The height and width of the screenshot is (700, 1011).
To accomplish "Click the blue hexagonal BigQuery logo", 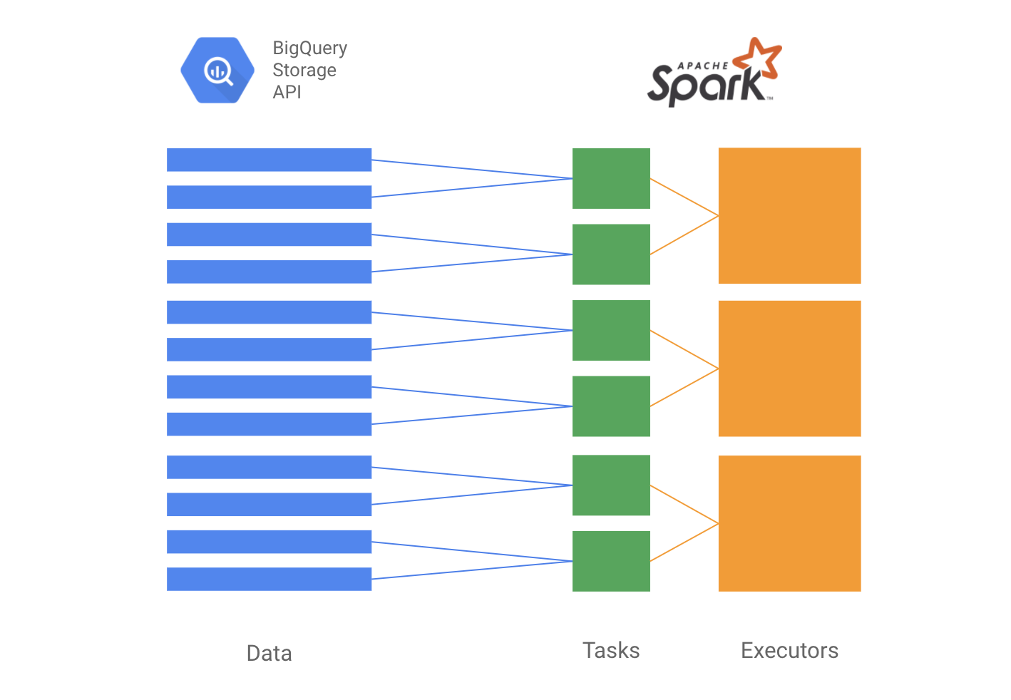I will coord(217,71).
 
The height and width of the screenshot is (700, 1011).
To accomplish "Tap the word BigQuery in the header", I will coord(309,48).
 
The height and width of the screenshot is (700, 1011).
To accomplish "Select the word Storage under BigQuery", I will coord(304,70).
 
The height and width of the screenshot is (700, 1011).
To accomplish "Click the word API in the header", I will coord(287,92).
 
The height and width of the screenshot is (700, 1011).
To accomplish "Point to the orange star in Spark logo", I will coord(758,59).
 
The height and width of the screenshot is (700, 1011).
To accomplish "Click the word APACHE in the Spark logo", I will coord(702,66).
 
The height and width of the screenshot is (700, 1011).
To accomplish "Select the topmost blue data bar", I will coord(269,160).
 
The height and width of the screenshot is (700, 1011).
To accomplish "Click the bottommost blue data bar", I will coord(269,579).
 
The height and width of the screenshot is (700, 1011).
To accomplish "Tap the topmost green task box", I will coord(611,178).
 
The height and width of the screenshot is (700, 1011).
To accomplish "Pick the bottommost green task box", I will coord(611,561).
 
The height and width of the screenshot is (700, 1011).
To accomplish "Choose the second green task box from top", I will coord(611,254).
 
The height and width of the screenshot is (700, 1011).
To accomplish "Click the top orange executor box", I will coord(789,215).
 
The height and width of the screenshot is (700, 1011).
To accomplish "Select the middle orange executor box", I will coord(789,369).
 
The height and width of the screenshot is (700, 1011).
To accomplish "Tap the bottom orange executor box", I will coord(789,523).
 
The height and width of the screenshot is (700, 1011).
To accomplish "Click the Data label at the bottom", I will coord(269,654).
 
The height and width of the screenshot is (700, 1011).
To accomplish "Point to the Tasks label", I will coord(611,650).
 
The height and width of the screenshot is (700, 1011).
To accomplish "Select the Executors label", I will coord(789,650).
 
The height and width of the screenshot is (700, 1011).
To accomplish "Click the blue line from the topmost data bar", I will coord(472,169).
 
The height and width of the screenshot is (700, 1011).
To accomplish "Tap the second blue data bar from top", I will coord(269,197).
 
